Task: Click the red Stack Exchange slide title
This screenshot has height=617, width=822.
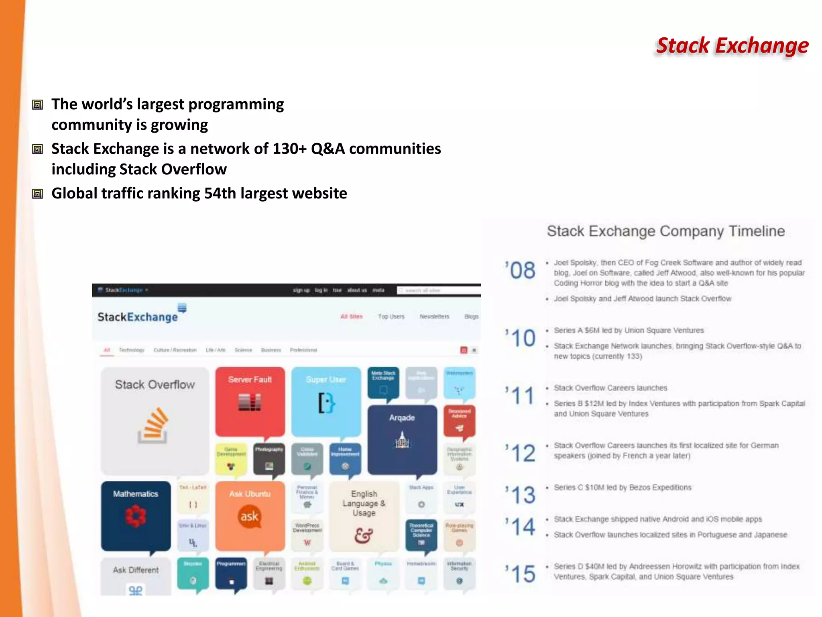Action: [x=732, y=46]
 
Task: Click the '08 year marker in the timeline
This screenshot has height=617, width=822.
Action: [x=521, y=270]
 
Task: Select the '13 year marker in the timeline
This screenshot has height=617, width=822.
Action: [x=521, y=494]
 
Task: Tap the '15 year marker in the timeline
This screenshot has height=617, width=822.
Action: [x=521, y=573]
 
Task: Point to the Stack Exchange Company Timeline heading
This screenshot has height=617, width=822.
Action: [x=665, y=231]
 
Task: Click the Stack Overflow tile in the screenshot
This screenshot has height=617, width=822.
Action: [x=155, y=420]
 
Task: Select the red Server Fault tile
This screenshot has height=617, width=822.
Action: [x=250, y=401]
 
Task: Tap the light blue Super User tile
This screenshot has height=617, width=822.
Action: [x=326, y=401]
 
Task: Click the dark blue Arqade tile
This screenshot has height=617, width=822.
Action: [x=402, y=439]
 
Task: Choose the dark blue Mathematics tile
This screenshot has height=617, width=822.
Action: [x=136, y=515]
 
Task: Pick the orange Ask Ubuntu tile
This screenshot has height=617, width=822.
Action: [x=250, y=515]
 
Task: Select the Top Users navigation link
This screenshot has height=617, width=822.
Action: [x=391, y=317]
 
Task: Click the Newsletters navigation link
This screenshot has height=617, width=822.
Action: [x=434, y=317]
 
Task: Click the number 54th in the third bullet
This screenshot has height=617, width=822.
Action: [x=220, y=194]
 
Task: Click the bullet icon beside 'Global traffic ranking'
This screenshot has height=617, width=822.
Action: [x=38, y=194]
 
